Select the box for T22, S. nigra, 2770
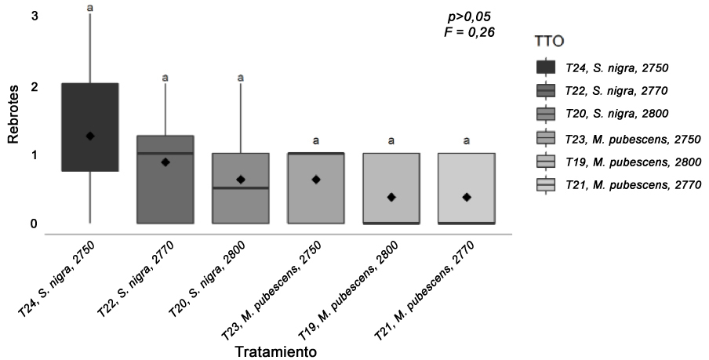coord(165,188)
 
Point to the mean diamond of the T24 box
coord(90,136)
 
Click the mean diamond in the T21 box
coord(466,197)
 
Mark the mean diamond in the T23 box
coord(316,180)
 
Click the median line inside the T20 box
coord(241,188)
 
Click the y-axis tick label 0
coord(12,224)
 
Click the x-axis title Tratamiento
coord(277,352)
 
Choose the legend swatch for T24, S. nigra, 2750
coord(545,67)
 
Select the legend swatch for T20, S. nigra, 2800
coord(545,114)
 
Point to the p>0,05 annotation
coord(467,16)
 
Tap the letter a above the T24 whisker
coord(90,7)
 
